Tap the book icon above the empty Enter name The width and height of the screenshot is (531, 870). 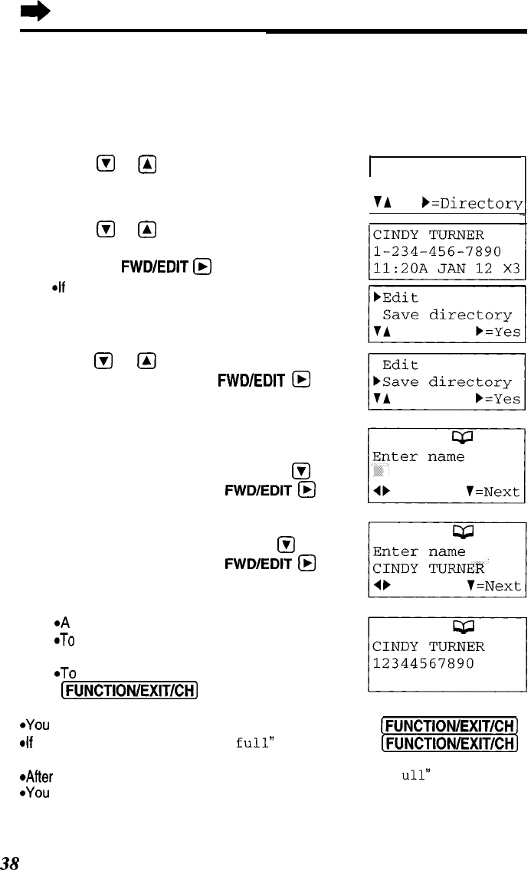coord(446,437)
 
